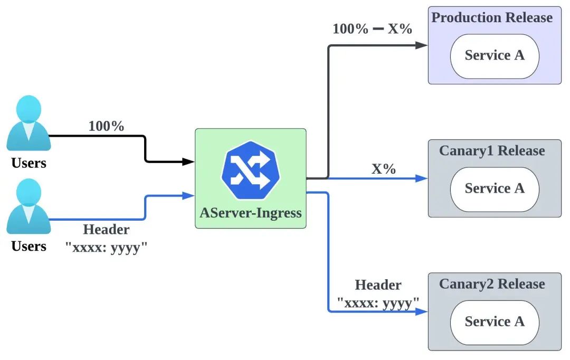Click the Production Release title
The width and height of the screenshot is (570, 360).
click(x=492, y=17)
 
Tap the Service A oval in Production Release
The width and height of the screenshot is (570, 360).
click(x=495, y=56)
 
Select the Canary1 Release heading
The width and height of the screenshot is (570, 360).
click(x=492, y=151)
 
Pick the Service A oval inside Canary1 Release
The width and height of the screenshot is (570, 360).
click(x=495, y=189)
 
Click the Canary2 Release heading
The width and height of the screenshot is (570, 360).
click(x=492, y=284)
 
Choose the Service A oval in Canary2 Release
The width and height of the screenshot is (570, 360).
click(x=495, y=322)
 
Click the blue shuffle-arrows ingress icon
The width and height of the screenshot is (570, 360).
click(x=250, y=170)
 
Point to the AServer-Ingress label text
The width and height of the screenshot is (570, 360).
click(x=250, y=213)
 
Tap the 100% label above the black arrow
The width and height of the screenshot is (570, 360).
click(x=106, y=127)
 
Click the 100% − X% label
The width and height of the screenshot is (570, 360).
click(x=372, y=29)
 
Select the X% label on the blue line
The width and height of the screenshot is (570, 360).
click(x=384, y=169)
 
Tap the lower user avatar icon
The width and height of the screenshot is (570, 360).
click(x=28, y=206)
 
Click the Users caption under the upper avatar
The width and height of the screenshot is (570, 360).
click(x=28, y=163)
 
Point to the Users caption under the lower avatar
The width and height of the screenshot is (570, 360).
click(x=28, y=246)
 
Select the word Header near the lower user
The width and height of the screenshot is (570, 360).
click(x=106, y=230)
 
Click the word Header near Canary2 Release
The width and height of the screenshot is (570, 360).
click(x=378, y=285)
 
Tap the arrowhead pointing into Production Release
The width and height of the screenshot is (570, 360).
click(x=422, y=45)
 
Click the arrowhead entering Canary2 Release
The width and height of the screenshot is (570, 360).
click(x=422, y=311)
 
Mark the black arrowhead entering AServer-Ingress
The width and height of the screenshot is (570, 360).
click(x=189, y=162)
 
